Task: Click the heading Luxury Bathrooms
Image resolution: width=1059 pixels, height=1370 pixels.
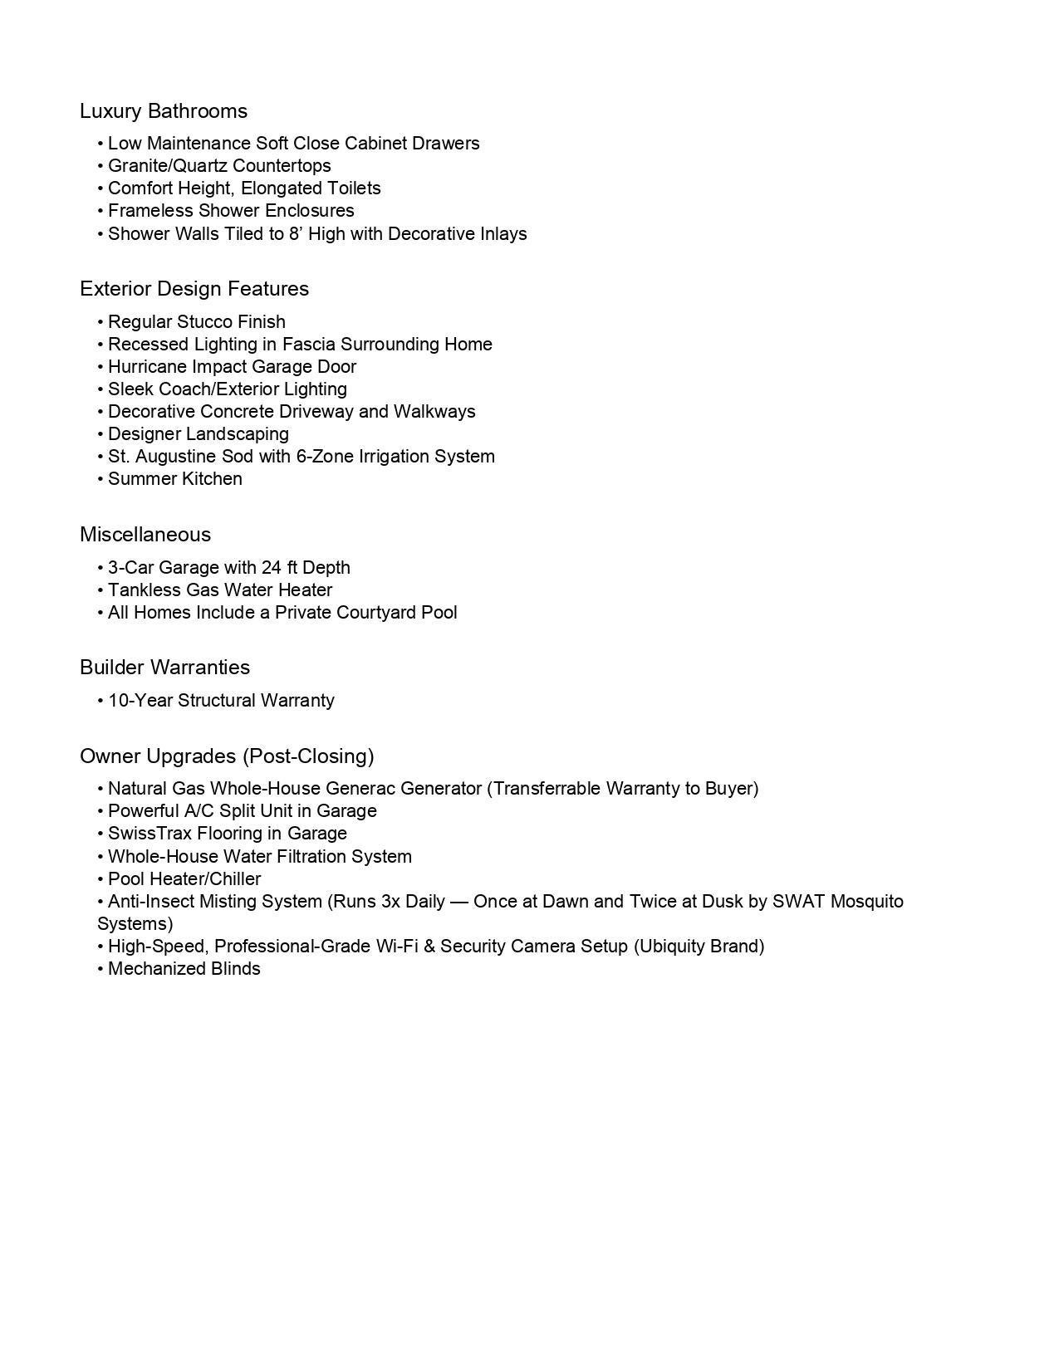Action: (x=164, y=111)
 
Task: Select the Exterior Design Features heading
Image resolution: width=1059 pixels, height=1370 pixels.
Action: (x=194, y=289)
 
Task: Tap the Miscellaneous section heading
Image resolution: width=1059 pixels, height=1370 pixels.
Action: (x=145, y=535)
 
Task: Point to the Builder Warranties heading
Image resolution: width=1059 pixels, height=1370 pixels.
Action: (x=164, y=668)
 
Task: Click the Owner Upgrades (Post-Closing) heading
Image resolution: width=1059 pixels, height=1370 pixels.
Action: (x=227, y=756)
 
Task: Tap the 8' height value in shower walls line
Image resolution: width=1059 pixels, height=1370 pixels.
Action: (x=296, y=234)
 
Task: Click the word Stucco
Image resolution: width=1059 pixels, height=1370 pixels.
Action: (x=205, y=322)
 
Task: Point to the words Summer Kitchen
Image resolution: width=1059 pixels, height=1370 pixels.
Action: (x=175, y=479)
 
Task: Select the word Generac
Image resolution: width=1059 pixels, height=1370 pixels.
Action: (x=359, y=789)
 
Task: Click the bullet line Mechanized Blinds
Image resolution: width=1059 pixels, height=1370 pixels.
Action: (x=184, y=969)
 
